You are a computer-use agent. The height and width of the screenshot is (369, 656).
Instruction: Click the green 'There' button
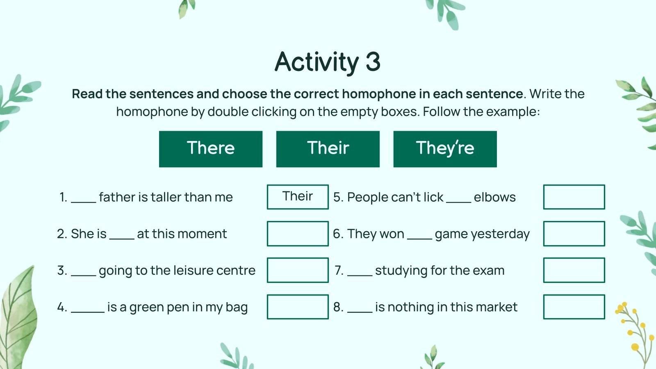click(210, 149)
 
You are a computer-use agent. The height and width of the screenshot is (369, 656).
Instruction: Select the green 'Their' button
click(328, 149)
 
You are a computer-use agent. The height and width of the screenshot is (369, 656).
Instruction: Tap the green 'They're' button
click(445, 149)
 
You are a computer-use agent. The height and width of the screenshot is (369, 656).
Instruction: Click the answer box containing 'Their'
click(298, 197)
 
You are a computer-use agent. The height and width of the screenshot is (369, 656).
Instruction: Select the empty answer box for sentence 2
click(298, 233)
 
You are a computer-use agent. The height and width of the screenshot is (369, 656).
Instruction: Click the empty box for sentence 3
click(298, 270)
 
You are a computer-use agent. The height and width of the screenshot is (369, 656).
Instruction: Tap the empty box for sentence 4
click(298, 307)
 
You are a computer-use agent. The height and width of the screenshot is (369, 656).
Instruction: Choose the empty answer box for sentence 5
click(574, 197)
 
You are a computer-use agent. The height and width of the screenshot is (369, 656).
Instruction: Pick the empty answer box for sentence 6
click(574, 233)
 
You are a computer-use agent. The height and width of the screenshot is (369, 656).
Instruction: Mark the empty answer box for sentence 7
click(574, 270)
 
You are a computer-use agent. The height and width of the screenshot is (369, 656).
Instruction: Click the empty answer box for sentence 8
click(574, 307)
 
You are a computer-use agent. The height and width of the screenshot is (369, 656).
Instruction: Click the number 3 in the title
click(373, 62)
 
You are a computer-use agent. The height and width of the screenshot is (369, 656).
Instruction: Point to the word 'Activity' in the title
click(317, 62)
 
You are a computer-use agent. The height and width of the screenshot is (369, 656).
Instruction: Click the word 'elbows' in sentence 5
click(494, 197)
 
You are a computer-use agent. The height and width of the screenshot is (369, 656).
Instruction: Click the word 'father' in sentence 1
click(117, 197)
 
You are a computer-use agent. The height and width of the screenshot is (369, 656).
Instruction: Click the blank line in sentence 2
click(122, 238)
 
